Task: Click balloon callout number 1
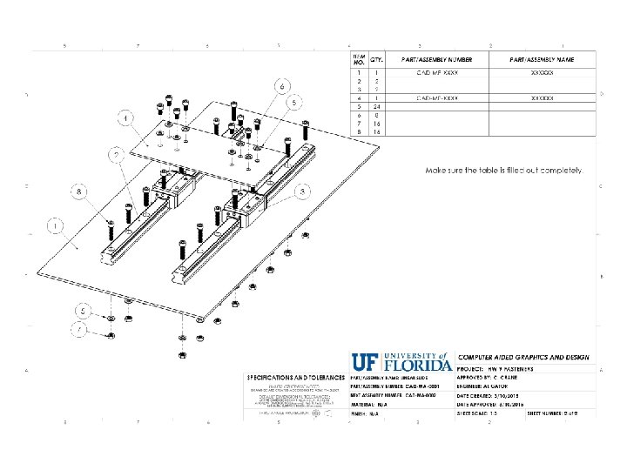(56, 227)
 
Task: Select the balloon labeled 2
(116, 156)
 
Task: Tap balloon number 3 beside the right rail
(302, 191)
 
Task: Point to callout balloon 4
(127, 117)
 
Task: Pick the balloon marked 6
(281, 87)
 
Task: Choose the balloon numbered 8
(81, 190)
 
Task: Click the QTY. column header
(377, 59)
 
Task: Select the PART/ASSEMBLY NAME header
(542, 59)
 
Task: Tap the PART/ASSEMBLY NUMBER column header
(436, 59)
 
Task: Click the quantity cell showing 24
(377, 106)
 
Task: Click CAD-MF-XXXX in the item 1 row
(437, 72)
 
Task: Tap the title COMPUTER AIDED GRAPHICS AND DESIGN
(523, 358)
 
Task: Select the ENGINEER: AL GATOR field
(489, 386)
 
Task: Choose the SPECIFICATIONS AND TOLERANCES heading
(295, 377)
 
